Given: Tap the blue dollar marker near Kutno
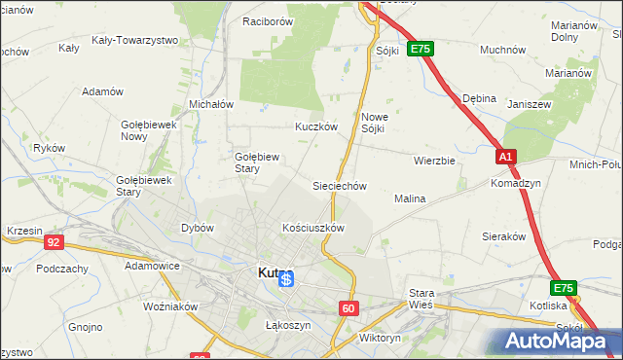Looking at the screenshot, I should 286,280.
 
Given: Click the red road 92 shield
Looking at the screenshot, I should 55,242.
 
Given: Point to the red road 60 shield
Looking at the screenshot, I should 349,308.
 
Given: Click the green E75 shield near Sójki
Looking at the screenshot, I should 420,48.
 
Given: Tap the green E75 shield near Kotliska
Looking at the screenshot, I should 564,288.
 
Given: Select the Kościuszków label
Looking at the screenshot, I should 312,228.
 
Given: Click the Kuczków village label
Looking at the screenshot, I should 315,126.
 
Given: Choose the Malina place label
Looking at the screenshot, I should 410,198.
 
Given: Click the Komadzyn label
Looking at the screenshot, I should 516,183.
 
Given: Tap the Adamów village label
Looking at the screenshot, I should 103,91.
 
